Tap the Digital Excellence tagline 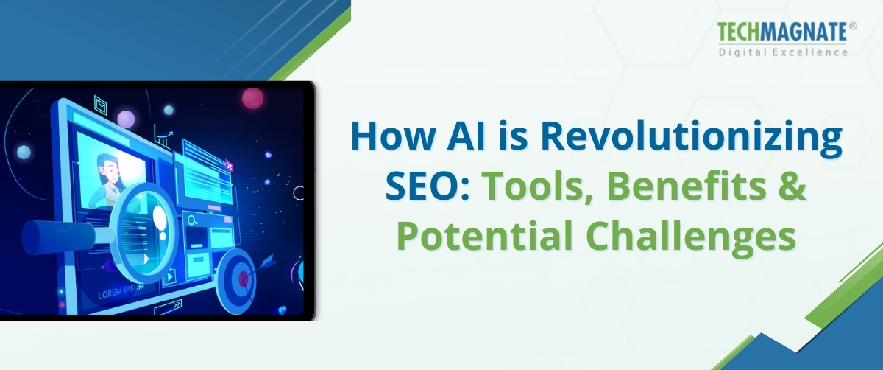(x=783, y=52)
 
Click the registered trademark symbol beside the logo (x=853, y=26)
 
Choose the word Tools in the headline (x=527, y=189)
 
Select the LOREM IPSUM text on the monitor (x=119, y=294)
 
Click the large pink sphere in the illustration (x=252, y=98)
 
